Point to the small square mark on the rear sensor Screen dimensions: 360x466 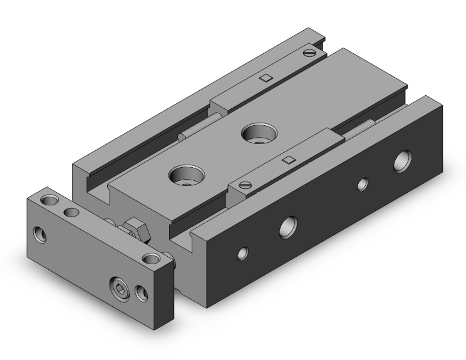click(266, 78)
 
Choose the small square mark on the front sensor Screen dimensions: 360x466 click(289, 160)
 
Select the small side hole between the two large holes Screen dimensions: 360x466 click(361, 184)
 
